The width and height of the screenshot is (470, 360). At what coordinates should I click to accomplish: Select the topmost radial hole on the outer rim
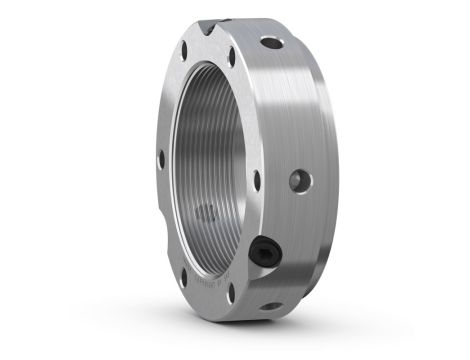pos(270,44)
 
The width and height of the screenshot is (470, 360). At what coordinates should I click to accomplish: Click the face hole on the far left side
pos(160,157)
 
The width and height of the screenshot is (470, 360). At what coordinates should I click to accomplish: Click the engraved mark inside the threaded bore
pos(207,211)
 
